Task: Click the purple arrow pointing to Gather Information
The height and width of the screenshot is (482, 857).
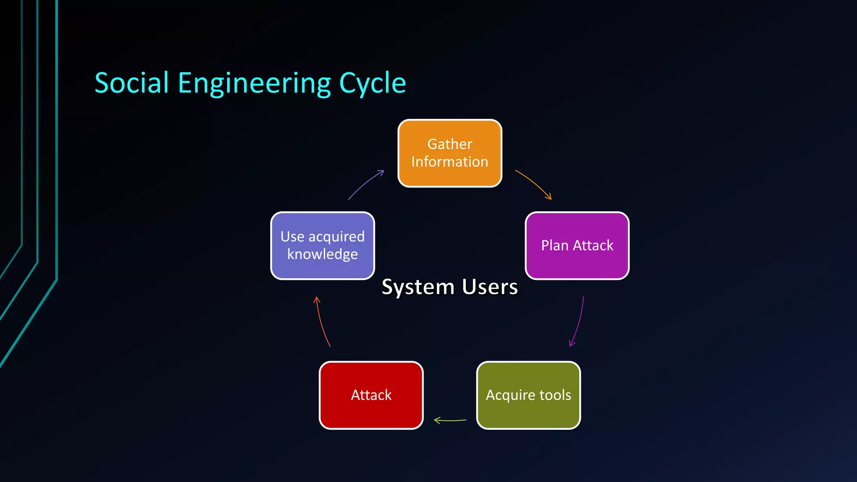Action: (365, 184)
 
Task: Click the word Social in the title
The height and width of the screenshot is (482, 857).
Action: (131, 83)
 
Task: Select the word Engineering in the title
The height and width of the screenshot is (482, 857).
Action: (254, 84)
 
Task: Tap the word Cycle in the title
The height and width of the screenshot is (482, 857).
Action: (372, 84)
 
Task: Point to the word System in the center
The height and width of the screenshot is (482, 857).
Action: (418, 287)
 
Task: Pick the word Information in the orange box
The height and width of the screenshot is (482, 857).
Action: (449, 162)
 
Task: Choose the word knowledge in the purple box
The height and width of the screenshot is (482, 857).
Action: (322, 254)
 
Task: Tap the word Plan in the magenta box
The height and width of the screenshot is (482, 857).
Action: (554, 246)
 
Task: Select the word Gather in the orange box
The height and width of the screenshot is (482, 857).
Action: (449, 144)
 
